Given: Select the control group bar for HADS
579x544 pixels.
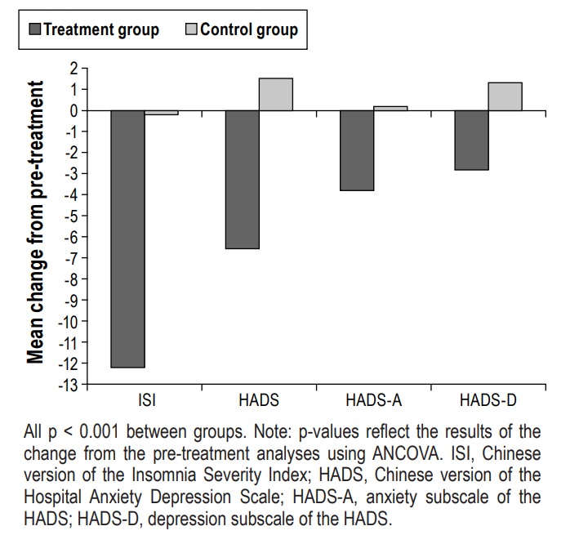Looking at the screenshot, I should [x=276, y=94].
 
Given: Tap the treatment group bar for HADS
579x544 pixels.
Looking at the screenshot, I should [x=243, y=179].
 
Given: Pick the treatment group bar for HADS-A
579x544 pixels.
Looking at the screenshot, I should [x=357, y=150].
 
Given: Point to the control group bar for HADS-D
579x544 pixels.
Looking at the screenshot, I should [x=505, y=96].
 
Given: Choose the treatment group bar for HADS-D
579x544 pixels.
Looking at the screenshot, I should [x=471, y=140].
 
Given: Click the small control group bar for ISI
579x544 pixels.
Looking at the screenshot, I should [x=162, y=113].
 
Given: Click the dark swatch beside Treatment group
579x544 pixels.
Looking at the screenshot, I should [x=34, y=31].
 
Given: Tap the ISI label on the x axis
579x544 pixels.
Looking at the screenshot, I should [x=146, y=400].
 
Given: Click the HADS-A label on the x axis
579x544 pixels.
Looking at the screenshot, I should [x=374, y=400].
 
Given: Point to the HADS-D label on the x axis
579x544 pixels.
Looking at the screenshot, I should [x=488, y=400].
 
